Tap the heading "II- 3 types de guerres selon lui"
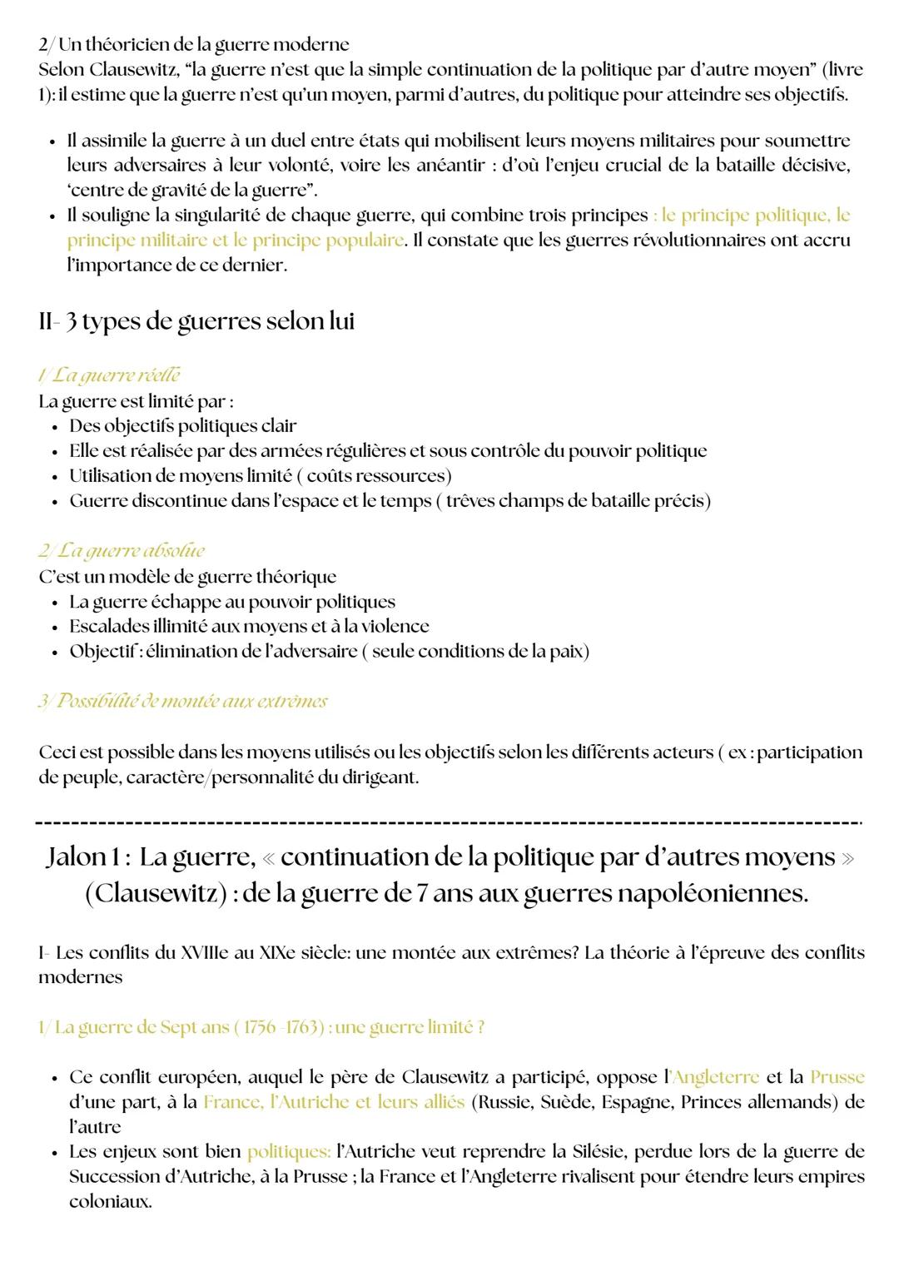coord(196,321)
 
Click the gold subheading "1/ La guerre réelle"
coord(109,376)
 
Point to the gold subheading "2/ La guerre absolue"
coord(122,551)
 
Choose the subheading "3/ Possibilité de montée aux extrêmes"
coord(182,701)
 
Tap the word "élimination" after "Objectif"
coord(191,651)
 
